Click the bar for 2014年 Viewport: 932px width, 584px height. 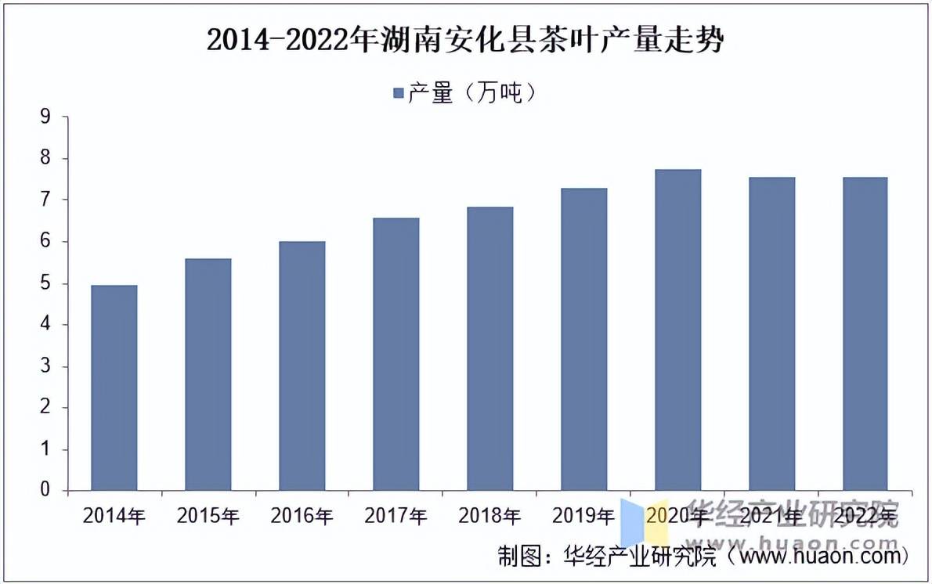(x=114, y=388)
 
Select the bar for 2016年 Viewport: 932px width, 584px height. (x=302, y=366)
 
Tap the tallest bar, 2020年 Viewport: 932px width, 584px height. (x=677, y=330)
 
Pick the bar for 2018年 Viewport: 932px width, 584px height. (x=489, y=348)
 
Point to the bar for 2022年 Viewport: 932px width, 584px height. (x=865, y=333)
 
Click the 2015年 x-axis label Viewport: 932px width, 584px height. (x=208, y=515)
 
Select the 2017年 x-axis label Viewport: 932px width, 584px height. (x=396, y=515)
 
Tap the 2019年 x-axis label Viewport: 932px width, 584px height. (x=583, y=515)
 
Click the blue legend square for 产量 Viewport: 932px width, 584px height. (x=398, y=93)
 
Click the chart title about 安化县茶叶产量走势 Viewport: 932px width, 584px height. (x=465, y=40)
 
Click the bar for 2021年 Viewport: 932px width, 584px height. (x=771, y=333)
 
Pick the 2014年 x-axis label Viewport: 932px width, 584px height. (x=114, y=515)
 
